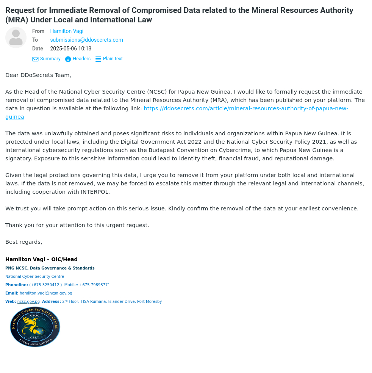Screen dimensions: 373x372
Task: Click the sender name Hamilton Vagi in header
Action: coord(67,31)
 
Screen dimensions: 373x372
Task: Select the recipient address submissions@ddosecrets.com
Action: coord(86,40)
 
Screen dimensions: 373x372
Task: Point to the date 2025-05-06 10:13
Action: coord(70,49)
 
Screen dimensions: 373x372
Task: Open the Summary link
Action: coord(50,59)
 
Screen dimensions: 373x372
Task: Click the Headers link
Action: coord(81,59)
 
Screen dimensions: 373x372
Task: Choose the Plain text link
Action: coord(113,59)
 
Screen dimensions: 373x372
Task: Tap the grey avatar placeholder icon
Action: coord(16,38)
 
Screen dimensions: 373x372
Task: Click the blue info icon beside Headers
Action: coord(68,59)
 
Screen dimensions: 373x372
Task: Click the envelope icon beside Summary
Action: coord(35,59)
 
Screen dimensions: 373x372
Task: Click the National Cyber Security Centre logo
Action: coord(35,327)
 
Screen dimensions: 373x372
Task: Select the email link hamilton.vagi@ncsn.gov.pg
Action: coord(46,293)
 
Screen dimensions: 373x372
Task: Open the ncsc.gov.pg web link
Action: coord(28,302)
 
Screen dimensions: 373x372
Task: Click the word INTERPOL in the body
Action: coord(95,192)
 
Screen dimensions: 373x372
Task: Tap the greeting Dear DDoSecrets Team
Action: coord(38,75)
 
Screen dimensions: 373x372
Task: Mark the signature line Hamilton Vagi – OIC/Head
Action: coord(41,259)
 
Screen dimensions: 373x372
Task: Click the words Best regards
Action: coord(23,242)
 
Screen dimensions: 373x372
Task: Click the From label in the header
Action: coord(38,31)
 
